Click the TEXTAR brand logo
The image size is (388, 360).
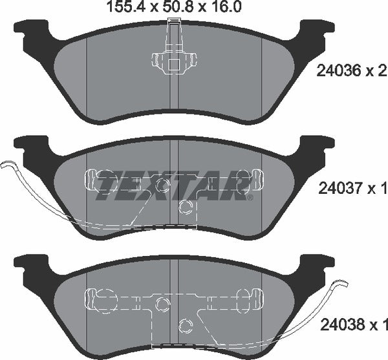[173, 184]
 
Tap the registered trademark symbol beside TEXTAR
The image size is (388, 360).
[250, 197]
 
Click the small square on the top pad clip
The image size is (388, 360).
[174, 65]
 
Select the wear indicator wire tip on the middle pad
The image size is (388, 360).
[5, 164]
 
